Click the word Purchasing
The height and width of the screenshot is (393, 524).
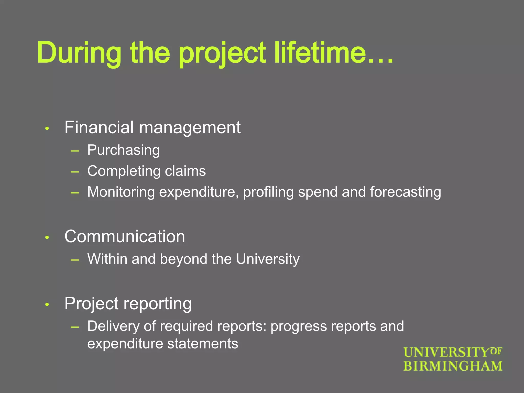pos(124,150)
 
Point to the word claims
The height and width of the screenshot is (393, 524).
pos(185,171)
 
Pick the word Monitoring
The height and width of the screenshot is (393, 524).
pos(121,192)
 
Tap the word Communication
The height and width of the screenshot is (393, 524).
pos(125,236)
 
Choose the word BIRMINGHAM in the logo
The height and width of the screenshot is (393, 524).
pos(453,366)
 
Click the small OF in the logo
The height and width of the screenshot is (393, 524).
pos(496,351)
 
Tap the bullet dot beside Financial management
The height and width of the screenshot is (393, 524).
pos(47,128)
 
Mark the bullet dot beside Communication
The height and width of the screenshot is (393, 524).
pos(47,238)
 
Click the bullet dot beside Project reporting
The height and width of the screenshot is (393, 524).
pos(47,304)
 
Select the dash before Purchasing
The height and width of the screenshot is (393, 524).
pos(75,151)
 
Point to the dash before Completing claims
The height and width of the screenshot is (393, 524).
pos(75,172)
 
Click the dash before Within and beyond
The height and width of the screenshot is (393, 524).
pos(75,260)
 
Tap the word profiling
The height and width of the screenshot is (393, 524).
pos(268,192)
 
